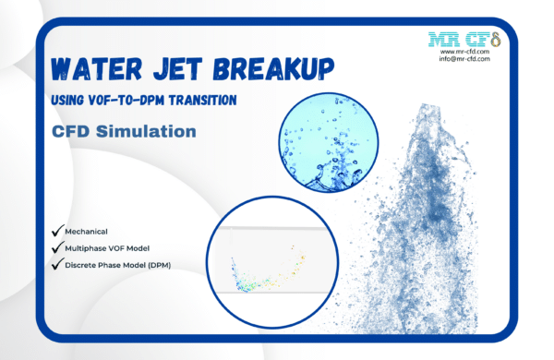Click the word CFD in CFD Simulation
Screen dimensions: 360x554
pyautogui.click(x=71, y=132)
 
